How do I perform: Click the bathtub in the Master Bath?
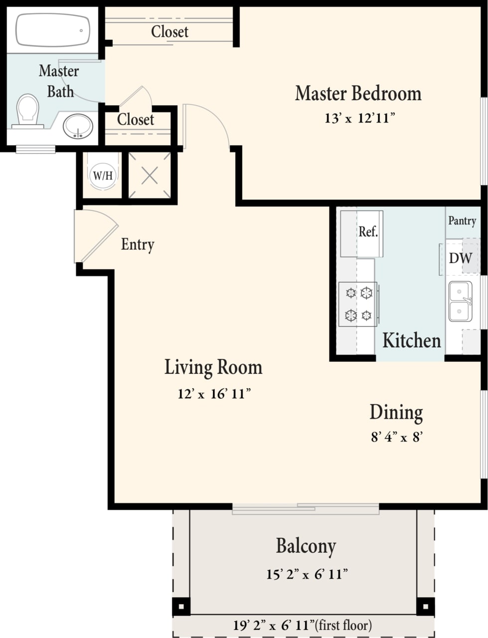[x=53, y=30]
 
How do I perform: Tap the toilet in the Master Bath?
[x=28, y=111]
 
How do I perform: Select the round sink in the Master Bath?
[x=78, y=126]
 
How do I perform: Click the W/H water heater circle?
[x=103, y=175]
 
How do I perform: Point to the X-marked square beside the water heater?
[x=150, y=175]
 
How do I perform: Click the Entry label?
[x=138, y=244]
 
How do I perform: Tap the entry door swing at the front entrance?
[x=95, y=236]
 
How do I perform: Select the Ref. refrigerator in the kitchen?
[x=368, y=232]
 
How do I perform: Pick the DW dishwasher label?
[x=460, y=258]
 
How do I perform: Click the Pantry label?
[x=462, y=220]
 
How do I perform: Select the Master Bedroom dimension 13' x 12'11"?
[x=359, y=119]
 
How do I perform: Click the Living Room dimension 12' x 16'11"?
[x=213, y=394]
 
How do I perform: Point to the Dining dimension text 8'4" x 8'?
[x=397, y=437]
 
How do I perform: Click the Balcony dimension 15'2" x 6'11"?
[x=307, y=574]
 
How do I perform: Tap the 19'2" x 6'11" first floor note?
[x=302, y=625]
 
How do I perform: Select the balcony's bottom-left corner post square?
[x=181, y=607]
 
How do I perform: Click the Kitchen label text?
[x=411, y=340]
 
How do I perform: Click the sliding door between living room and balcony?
[x=306, y=508]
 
